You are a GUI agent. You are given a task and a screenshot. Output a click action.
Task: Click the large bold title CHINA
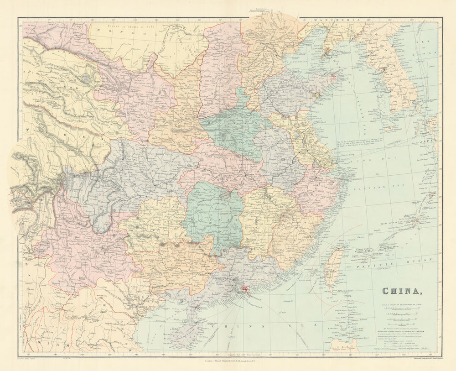click(402, 291)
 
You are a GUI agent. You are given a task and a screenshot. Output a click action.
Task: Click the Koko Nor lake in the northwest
click(84, 78)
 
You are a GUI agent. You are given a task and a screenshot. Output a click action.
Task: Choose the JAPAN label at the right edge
click(429, 142)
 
